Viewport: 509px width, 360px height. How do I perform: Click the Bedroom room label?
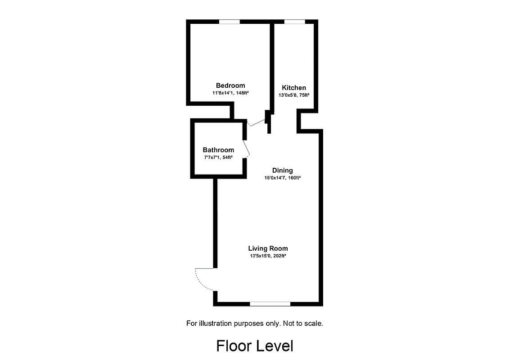pyautogui.click(x=230, y=85)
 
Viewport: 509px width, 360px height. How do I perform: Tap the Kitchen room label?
pyautogui.click(x=294, y=88)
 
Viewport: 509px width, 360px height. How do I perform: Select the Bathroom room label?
pyautogui.click(x=218, y=150)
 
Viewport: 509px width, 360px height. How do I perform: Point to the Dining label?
pyautogui.click(x=283, y=170)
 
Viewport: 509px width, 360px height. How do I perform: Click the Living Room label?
pyautogui.click(x=268, y=248)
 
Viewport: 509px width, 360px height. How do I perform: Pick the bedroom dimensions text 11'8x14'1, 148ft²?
pyautogui.click(x=230, y=93)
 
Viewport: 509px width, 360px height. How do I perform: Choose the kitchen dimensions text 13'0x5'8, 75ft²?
pyautogui.click(x=294, y=95)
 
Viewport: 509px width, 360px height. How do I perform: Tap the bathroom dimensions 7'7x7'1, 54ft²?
pyautogui.click(x=218, y=157)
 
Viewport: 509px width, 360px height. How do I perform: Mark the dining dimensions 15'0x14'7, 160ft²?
pyautogui.click(x=283, y=178)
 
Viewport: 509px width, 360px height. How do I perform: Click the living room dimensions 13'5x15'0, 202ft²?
pyautogui.click(x=268, y=256)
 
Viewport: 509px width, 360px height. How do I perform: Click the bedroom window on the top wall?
pyautogui.click(x=229, y=22)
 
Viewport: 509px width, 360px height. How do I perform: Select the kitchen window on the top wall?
pyautogui.click(x=294, y=22)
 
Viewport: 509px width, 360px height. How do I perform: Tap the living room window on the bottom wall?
pyautogui.click(x=270, y=304)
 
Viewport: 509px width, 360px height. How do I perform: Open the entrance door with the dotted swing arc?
pyautogui.click(x=204, y=279)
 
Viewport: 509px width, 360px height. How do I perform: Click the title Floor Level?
pyautogui.click(x=254, y=346)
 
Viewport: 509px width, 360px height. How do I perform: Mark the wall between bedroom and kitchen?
pyautogui.click(x=272, y=67)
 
